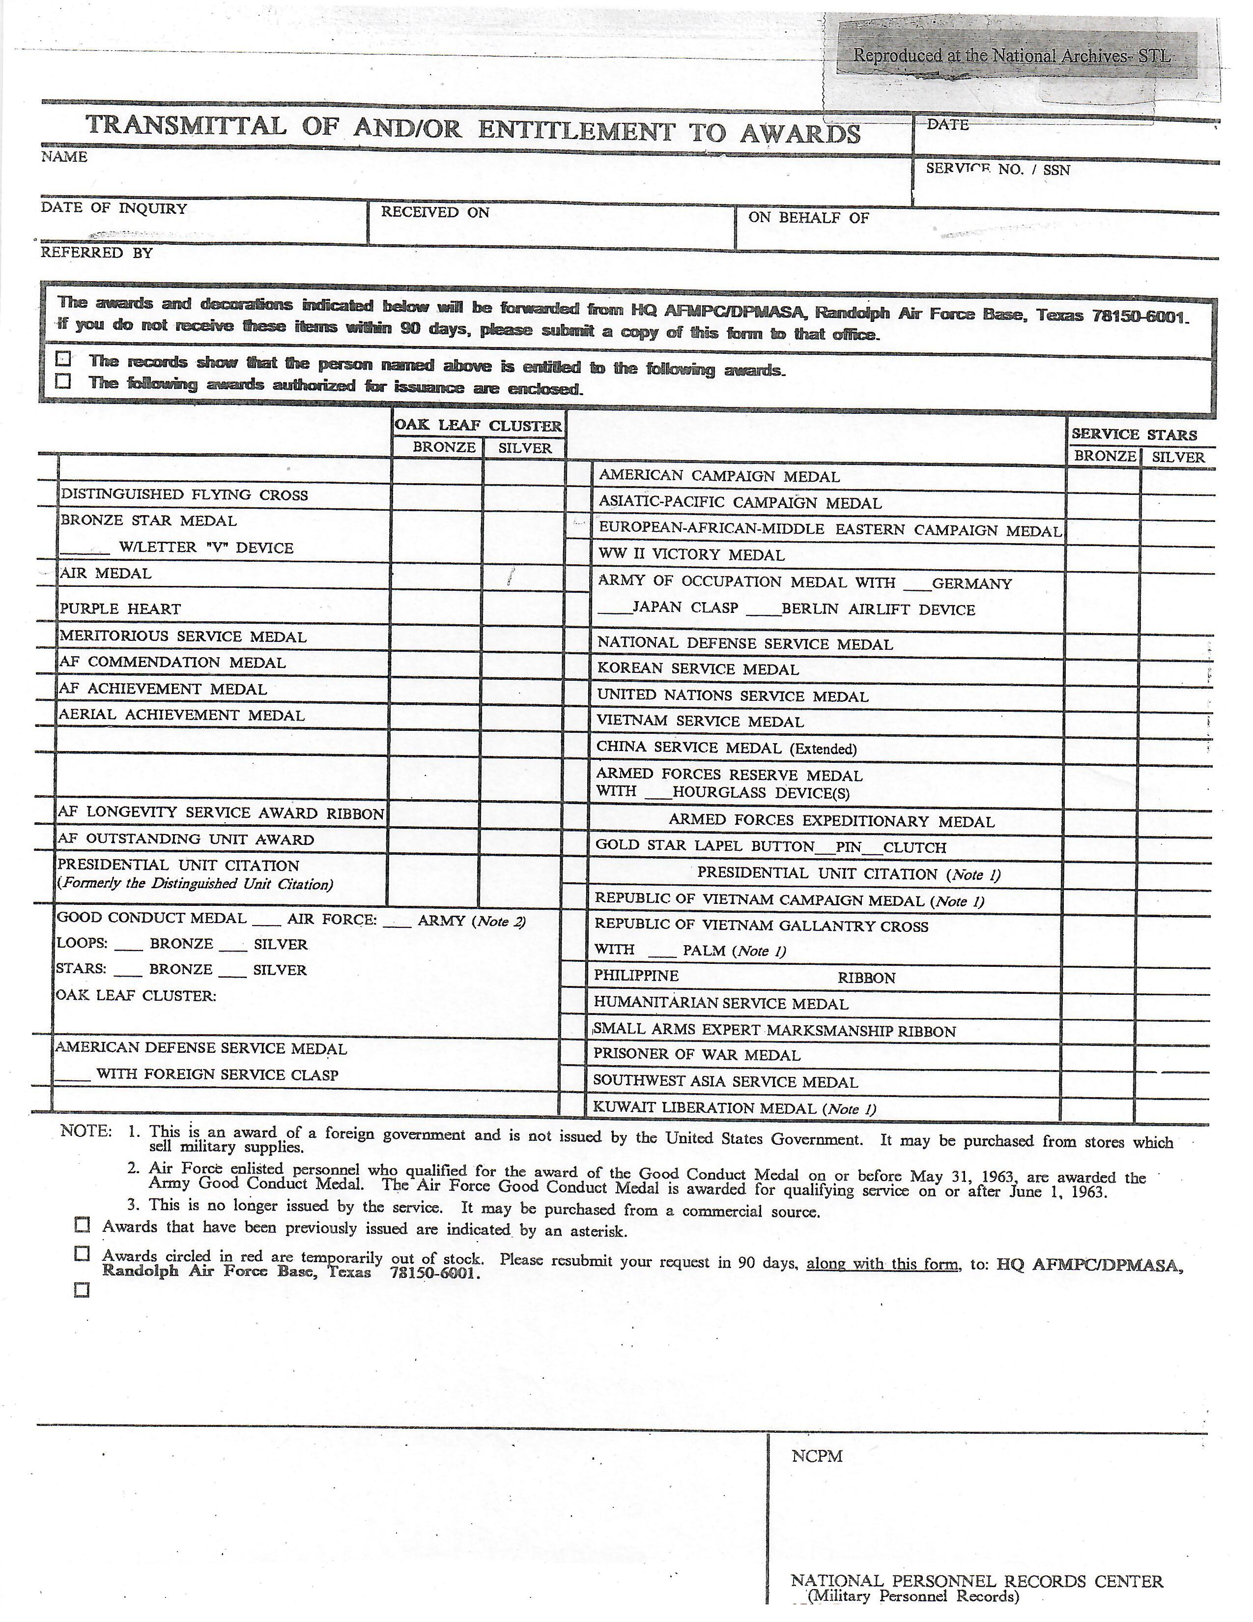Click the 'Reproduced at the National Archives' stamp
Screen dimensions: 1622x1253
point(1011,56)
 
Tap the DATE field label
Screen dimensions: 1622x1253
point(947,125)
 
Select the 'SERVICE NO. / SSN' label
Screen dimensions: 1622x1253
point(997,170)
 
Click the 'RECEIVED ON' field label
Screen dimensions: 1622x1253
point(435,212)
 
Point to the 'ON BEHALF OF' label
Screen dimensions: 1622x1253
point(808,218)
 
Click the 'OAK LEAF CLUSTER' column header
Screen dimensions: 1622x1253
point(478,426)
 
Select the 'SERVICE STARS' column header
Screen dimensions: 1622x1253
point(1134,434)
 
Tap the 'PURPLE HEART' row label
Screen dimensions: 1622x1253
point(120,609)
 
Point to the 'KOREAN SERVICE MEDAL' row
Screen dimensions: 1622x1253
point(698,669)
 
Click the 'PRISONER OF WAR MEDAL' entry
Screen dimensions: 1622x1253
point(696,1055)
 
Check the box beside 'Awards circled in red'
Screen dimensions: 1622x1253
point(82,1254)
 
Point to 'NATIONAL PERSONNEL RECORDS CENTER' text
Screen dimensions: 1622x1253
point(977,1581)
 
